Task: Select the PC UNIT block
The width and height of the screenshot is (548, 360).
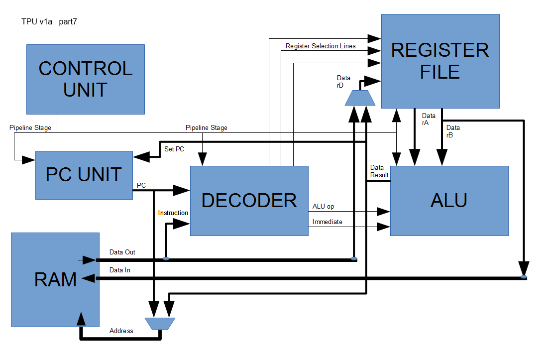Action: tap(84, 175)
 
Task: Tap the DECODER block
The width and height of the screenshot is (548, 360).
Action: tap(249, 200)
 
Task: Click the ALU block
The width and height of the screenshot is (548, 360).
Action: tap(449, 200)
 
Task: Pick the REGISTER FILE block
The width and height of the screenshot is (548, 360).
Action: tap(440, 61)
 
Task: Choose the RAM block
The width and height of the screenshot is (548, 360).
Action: tap(55, 279)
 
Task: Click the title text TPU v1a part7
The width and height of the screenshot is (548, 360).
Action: tap(49, 22)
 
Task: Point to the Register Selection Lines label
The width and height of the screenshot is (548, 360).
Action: tap(321, 46)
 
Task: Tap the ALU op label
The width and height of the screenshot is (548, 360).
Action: tap(323, 206)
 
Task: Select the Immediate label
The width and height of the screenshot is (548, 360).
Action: tap(327, 222)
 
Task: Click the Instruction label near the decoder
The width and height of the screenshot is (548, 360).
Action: tap(173, 213)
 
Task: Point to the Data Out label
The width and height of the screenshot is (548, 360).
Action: tap(122, 252)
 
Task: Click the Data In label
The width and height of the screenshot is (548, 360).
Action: tap(120, 270)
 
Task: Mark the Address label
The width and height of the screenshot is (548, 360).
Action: tap(121, 331)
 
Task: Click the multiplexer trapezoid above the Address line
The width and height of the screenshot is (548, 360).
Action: tap(160, 324)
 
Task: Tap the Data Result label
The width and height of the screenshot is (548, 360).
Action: tap(379, 171)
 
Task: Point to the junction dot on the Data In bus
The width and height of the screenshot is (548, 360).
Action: tap(523, 277)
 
